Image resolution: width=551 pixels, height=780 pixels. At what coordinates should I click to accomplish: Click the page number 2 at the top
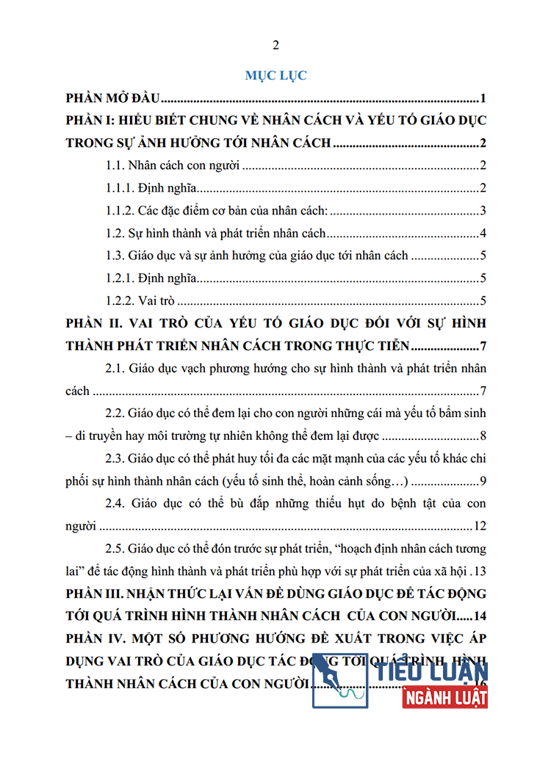point(275,46)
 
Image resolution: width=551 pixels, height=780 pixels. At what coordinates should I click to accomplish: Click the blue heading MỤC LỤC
point(275,76)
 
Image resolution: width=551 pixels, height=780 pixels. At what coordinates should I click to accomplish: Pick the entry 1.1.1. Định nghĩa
point(150,189)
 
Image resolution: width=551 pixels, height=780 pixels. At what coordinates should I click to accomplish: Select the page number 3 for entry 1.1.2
point(484,212)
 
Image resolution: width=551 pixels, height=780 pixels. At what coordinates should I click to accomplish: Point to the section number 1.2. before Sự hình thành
point(116,234)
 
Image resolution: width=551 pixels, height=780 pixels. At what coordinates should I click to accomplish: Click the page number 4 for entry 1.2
point(484,234)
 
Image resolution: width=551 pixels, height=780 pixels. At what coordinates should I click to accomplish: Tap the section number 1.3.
point(116,256)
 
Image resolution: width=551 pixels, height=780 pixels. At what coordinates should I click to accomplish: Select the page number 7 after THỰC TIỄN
point(483,346)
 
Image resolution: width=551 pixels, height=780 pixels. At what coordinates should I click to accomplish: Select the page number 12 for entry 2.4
point(481,527)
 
